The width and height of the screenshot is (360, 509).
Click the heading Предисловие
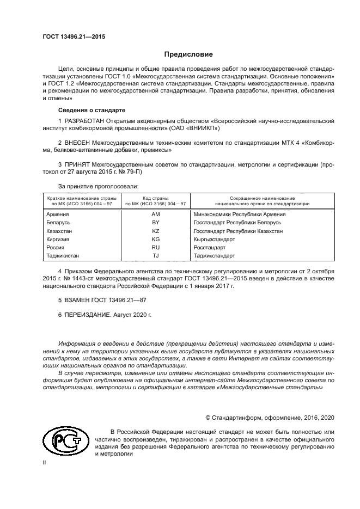188,54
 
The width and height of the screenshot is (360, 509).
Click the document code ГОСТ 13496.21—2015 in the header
74,37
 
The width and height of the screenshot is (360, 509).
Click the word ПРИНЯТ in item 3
78,163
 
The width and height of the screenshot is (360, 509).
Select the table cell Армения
58,214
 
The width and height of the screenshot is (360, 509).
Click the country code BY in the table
155,223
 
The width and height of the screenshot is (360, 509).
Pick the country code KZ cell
155,231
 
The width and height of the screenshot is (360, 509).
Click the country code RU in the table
155,247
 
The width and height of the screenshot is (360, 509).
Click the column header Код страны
155,198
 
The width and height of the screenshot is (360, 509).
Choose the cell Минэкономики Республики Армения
240,214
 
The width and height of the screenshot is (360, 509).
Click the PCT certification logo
64,440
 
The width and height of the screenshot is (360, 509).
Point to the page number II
45,462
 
